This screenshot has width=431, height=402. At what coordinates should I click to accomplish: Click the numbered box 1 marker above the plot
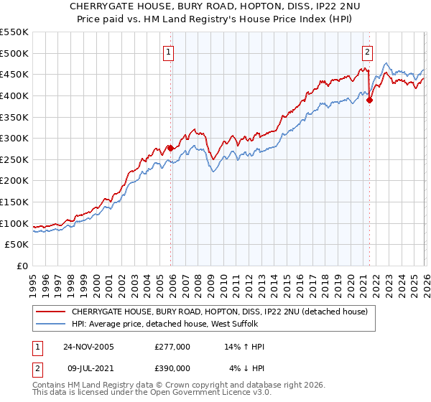coord(168,52)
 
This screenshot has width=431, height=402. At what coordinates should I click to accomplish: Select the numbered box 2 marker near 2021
coord(367,52)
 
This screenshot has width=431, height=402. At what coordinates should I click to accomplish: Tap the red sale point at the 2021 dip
coord(370,100)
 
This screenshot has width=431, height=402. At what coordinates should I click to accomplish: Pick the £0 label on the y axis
coord(22,266)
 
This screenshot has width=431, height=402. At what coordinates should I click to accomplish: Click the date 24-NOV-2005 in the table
coord(88,347)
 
